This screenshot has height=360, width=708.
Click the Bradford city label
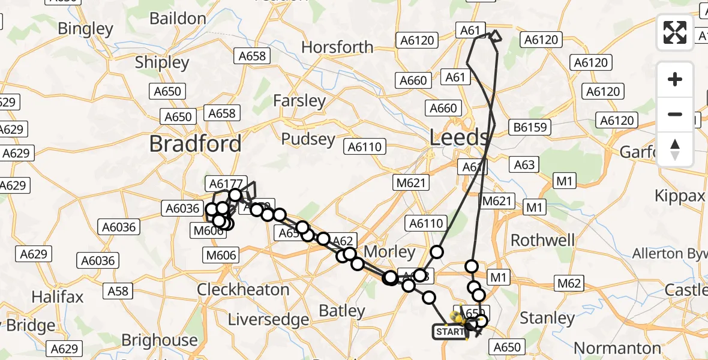click(195, 143)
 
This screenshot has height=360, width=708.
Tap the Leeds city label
click(460, 138)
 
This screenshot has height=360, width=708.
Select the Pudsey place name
click(308, 139)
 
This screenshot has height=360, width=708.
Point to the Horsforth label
click(337, 47)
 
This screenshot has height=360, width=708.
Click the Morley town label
click(389, 251)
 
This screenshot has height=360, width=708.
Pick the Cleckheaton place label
click(244, 289)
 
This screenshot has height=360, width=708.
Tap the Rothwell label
click(542, 240)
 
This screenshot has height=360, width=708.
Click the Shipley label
click(162, 62)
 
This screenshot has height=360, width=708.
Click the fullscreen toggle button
click(675, 32)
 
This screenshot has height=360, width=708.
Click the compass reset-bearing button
click(675, 149)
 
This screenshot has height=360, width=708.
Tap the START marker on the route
click(449, 332)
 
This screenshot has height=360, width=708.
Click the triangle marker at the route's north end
click(496, 37)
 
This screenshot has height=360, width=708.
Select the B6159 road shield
click(529, 127)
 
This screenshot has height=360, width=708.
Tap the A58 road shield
click(118, 291)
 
